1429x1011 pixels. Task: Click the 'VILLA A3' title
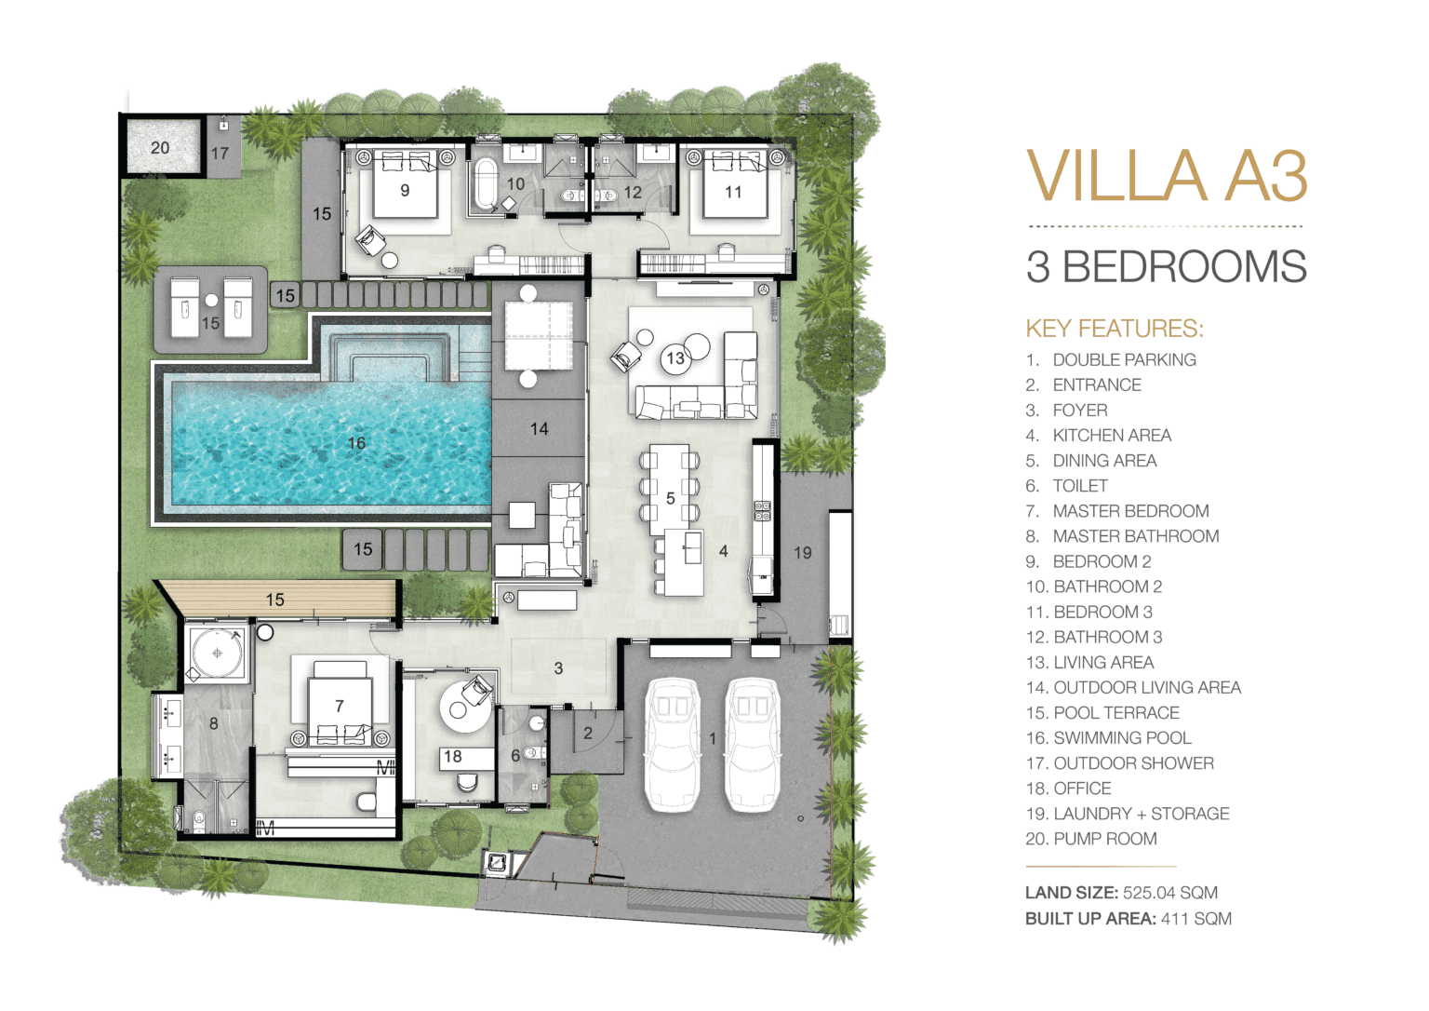point(1167,176)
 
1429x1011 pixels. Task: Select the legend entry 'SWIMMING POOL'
point(1122,738)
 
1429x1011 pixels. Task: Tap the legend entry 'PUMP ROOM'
point(1105,839)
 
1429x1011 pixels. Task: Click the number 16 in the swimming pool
point(356,443)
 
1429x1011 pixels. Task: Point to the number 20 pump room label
point(160,148)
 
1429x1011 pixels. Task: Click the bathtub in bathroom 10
point(486,183)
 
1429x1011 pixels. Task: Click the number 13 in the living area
point(674,358)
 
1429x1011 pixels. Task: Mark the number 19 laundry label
point(803,553)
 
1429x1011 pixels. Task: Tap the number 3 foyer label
point(558,668)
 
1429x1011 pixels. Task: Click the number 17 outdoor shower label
point(220,154)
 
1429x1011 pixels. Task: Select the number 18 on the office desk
point(452,756)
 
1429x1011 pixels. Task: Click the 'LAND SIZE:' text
point(1072,892)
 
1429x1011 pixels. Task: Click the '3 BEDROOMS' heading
point(1167,266)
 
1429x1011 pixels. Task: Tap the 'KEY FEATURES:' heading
point(1115,328)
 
